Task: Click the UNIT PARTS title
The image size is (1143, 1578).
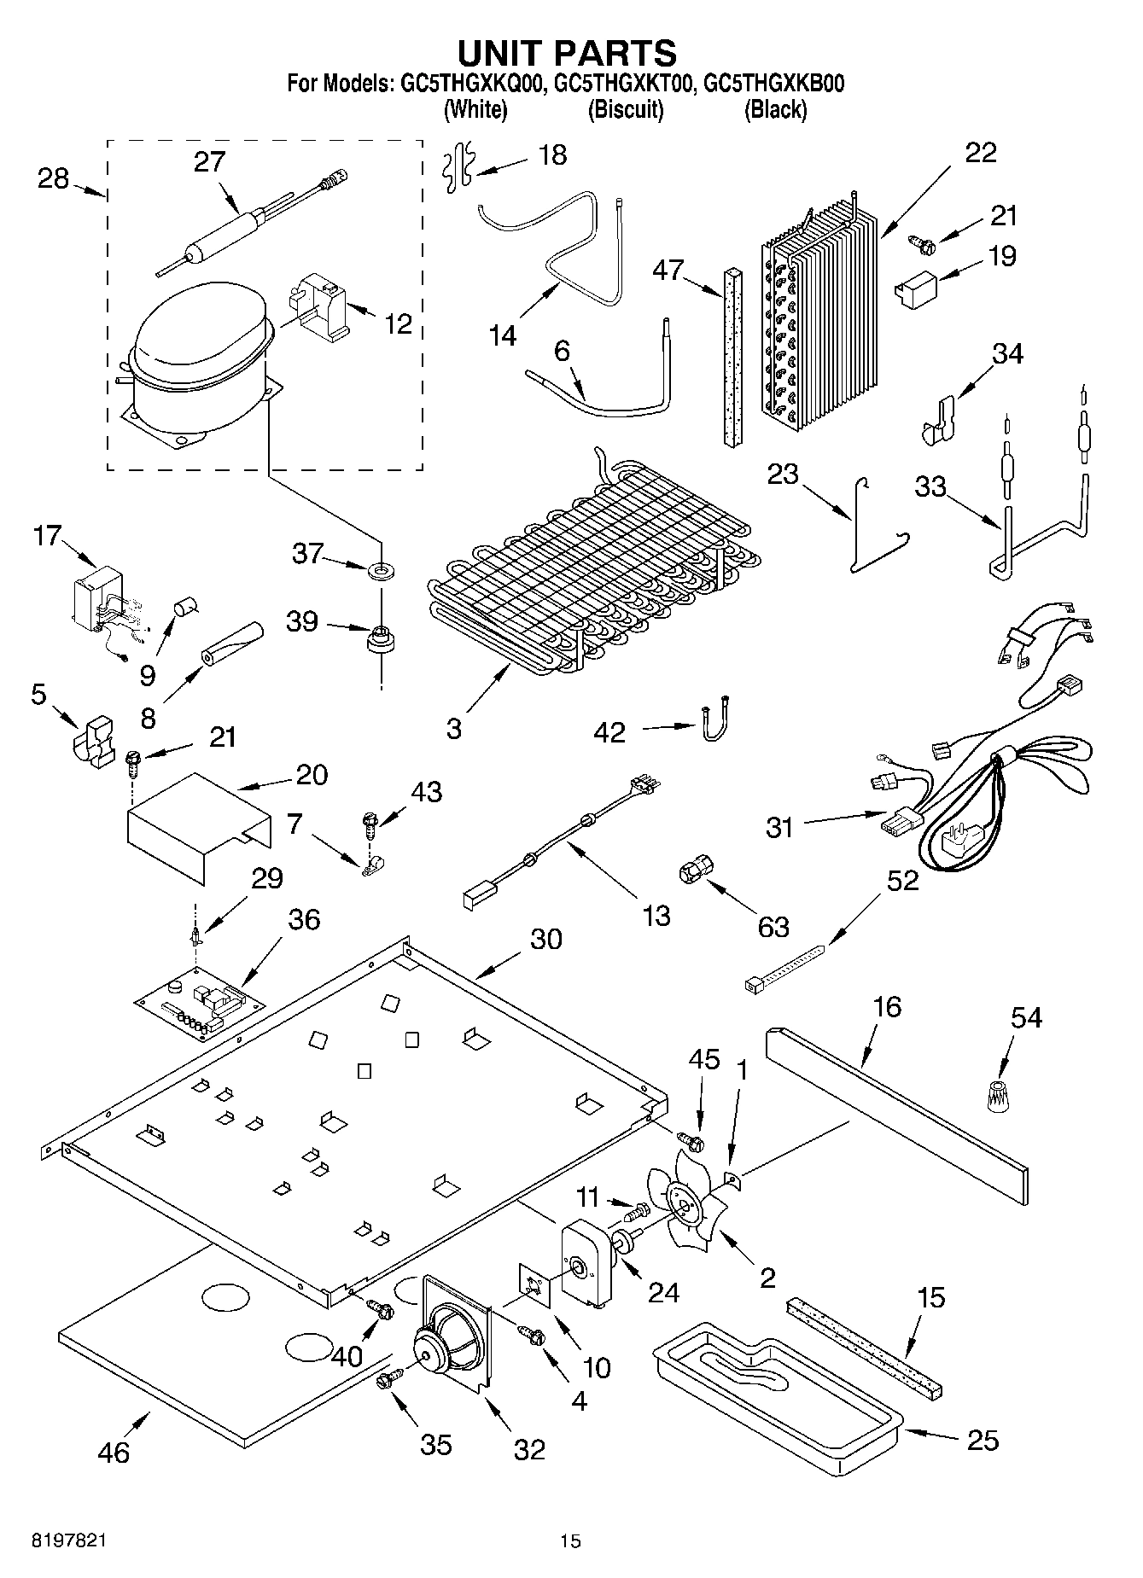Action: (x=567, y=53)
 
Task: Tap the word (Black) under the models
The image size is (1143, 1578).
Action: (x=775, y=109)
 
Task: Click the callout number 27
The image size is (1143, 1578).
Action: (x=208, y=161)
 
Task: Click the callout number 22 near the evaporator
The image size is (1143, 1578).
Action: (x=981, y=152)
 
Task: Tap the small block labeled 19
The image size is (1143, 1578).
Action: (x=914, y=285)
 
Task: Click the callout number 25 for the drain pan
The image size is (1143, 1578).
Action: (x=983, y=1441)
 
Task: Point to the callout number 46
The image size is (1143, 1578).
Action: (x=114, y=1453)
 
